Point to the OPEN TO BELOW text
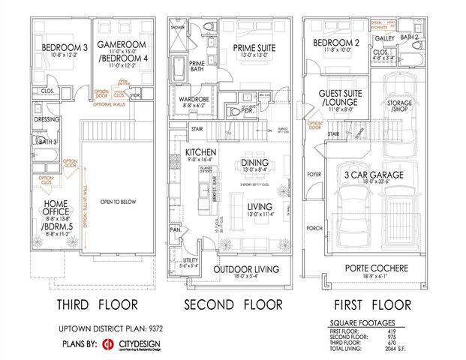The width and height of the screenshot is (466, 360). point(120,201)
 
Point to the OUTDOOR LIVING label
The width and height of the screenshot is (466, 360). point(247,268)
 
